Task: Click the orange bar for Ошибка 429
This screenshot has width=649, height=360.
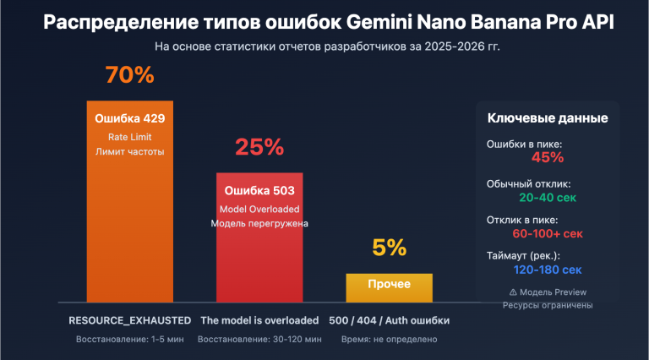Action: [x=129, y=228]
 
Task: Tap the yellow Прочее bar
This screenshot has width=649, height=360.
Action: [x=389, y=287]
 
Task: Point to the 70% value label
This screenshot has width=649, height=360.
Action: [x=129, y=75]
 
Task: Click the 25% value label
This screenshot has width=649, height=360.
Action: [x=259, y=147]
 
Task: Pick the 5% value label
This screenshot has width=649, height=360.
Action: [x=389, y=248]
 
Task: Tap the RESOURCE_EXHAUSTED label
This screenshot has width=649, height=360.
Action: [x=129, y=320]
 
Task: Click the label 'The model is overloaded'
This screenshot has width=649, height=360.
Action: [x=259, y=320]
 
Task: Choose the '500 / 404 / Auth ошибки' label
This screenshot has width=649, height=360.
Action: [x=389, y=320]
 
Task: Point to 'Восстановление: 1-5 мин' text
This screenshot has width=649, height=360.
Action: [x=129, y=339]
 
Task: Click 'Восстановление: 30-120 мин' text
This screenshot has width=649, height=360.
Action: [x=259, y=339]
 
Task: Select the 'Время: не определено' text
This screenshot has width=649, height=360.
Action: [x=389, y=339]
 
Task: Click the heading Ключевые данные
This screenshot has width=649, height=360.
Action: [x=548, y=118]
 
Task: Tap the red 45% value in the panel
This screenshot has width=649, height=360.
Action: [x=548, y=157]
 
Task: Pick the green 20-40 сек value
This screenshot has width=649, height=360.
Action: [x=548, y=196]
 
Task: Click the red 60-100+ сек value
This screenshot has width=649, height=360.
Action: [x=548, y=233]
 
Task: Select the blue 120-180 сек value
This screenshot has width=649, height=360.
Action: [x=548, y=270]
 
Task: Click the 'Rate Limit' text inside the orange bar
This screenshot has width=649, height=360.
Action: [x=129, y=136]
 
